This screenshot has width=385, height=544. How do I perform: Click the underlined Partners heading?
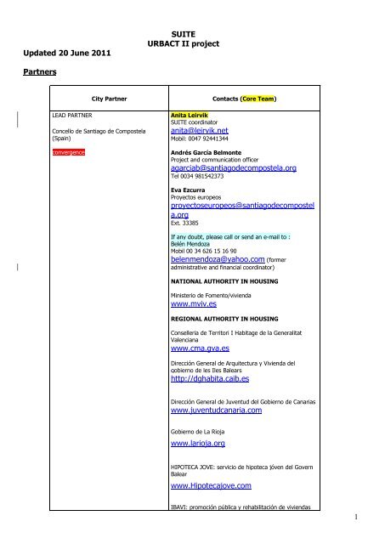pyautogui.click(x=37, y=73)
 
